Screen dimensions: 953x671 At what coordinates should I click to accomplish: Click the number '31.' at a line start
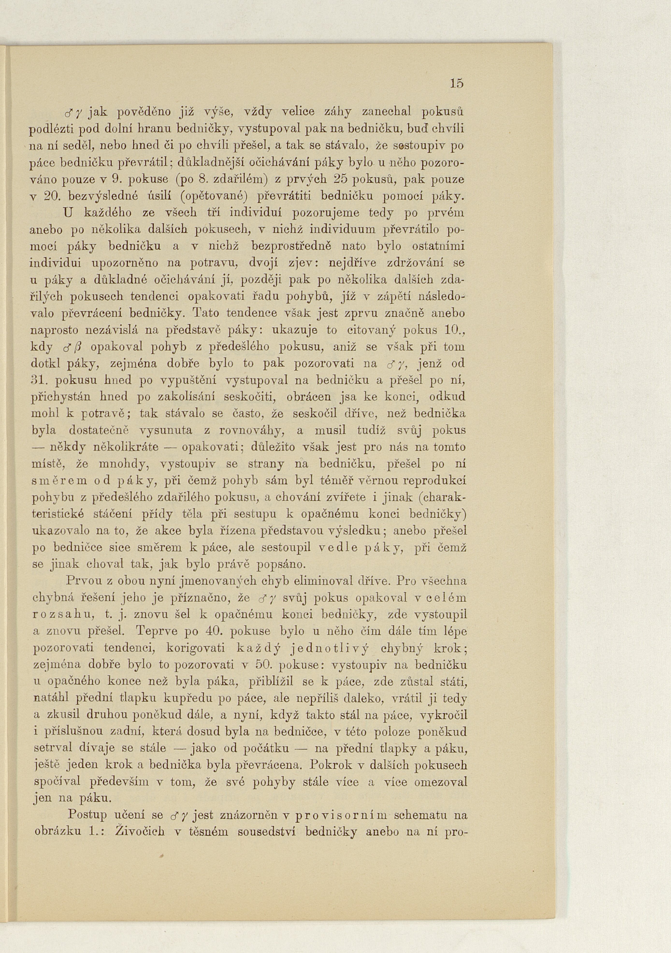point(39,380)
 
